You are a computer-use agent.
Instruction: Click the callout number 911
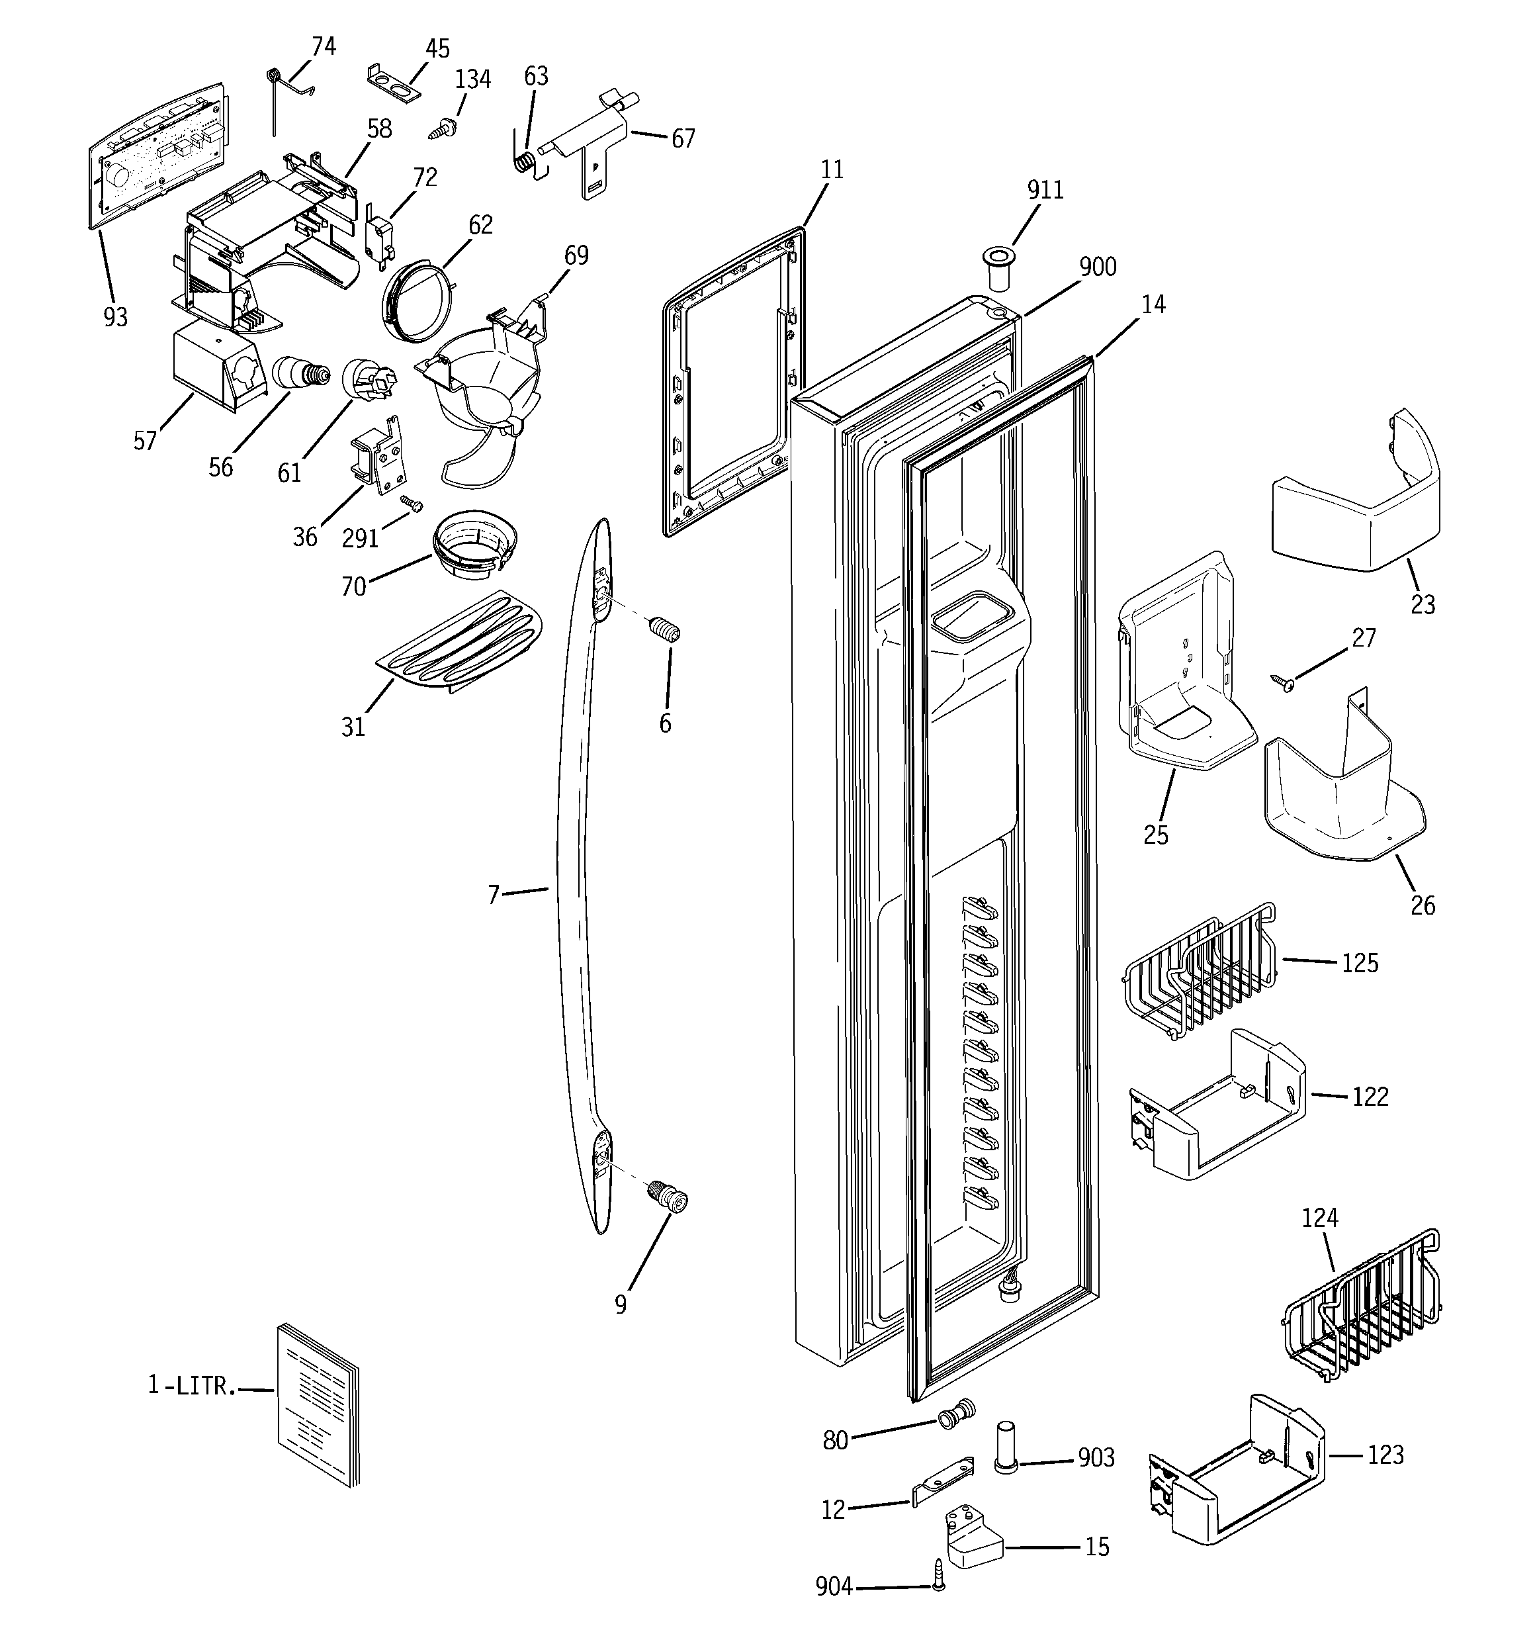[x=1045, y=191]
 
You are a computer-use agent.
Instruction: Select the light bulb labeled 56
[x=300, y=374]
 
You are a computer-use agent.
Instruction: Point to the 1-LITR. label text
[x=191, y=1386]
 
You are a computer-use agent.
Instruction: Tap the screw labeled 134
[x=443, y=128]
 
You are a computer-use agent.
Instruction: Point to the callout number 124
[x=1319, y=1217]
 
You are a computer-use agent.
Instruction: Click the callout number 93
[x=115, y=316]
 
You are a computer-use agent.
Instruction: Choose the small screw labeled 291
[x=410, y=502]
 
